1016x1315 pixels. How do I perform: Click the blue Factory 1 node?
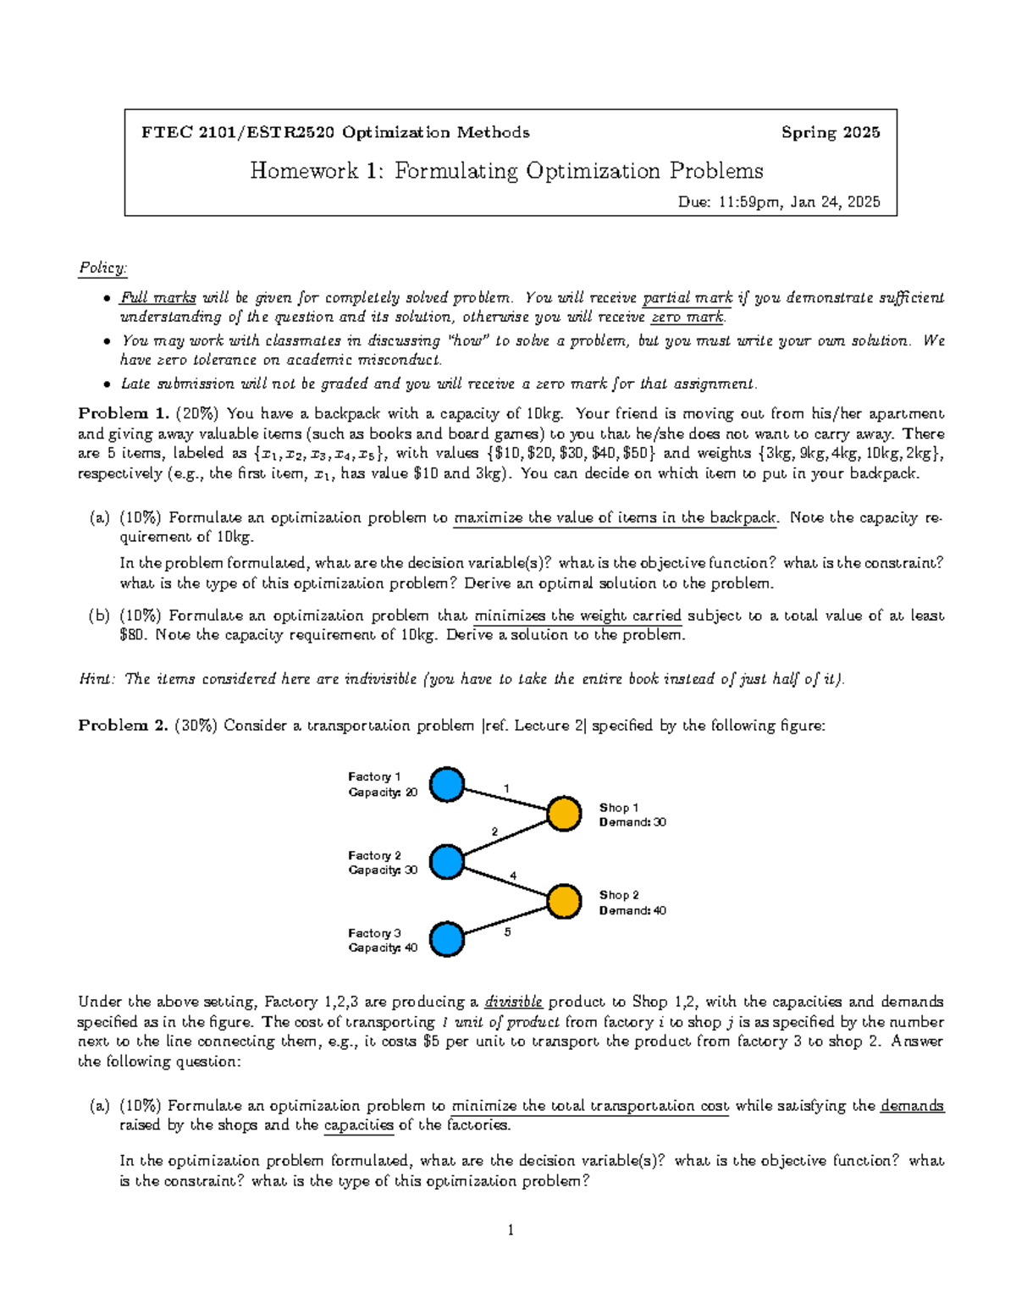(446, 784)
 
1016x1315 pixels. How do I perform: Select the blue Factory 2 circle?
(446, 862)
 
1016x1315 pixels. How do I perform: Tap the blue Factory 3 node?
(446, 939)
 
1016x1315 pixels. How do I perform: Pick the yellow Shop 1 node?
(564, 814)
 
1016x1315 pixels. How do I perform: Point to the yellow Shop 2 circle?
(564, 901)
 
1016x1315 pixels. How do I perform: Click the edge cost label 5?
(507, 932)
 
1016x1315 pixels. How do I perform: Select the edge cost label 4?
(513, 876)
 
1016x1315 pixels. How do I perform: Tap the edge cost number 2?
(494, 832)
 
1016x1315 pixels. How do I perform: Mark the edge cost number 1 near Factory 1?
(506, 788)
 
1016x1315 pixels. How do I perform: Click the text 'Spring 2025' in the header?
(830, 132)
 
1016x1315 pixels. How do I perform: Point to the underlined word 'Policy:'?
(102, 268)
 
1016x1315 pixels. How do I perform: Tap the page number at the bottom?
(511, 1230)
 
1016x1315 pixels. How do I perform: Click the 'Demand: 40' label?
(632, 910)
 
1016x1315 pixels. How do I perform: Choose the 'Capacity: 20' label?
(383, 793)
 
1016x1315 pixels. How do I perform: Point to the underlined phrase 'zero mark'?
(687, 318)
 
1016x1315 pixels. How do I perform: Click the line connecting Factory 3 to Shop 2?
(506, 920)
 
